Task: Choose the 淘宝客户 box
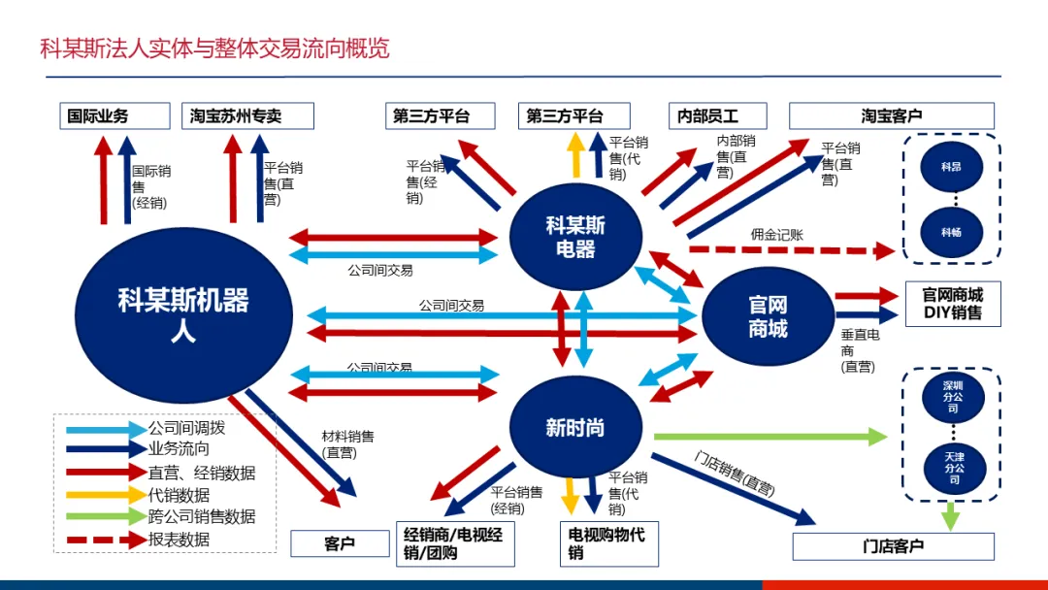892,116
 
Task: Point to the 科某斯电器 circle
575,237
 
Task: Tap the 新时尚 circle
575,428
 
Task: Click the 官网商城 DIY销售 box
952,304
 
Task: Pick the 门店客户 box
893,546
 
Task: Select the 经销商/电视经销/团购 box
455,543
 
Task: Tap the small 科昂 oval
951,168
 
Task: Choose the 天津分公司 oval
953,467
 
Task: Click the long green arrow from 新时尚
770,437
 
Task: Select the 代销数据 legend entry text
179,495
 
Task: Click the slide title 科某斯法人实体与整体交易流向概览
214,49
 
